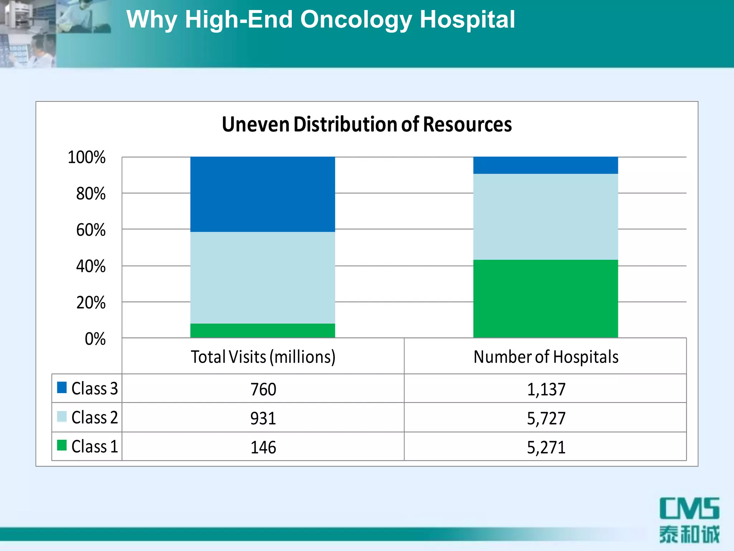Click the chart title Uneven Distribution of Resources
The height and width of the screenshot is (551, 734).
[x=367, y=124]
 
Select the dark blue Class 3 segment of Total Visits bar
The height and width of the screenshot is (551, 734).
[x=262, y=194]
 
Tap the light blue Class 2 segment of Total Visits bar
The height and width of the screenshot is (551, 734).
[x=262, y=278]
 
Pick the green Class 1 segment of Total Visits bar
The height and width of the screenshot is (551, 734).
[x=262, y=330]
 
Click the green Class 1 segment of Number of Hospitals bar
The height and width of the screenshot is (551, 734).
[x=545, y=298]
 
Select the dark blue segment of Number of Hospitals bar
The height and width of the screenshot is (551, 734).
[x=545, y=165]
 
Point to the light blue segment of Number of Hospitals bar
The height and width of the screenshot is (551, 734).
[x=545, y=217]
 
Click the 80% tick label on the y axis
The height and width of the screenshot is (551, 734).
[x=91, y=194]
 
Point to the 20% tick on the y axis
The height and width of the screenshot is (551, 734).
[x=91, y=302]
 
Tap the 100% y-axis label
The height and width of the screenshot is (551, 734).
[x=87, y=157]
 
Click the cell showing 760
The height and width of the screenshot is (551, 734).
[x=263, y=389]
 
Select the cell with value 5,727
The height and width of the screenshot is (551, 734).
[x=546, y=418]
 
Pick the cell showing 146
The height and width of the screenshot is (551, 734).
[x=263, y=447]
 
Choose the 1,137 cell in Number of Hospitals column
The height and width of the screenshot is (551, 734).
[x=546, y=389]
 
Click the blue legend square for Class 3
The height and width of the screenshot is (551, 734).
[x=62, y=387]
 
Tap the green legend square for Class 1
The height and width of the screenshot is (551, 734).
[x=62, y=445]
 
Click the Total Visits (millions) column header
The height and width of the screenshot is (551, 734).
[x=263, y=357]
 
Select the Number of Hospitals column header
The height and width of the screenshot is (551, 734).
[x=546, y=357]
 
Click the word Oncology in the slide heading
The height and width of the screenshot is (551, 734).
[x=356, y=19]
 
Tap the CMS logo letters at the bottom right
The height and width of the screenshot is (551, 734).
[x=689, y=508]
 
